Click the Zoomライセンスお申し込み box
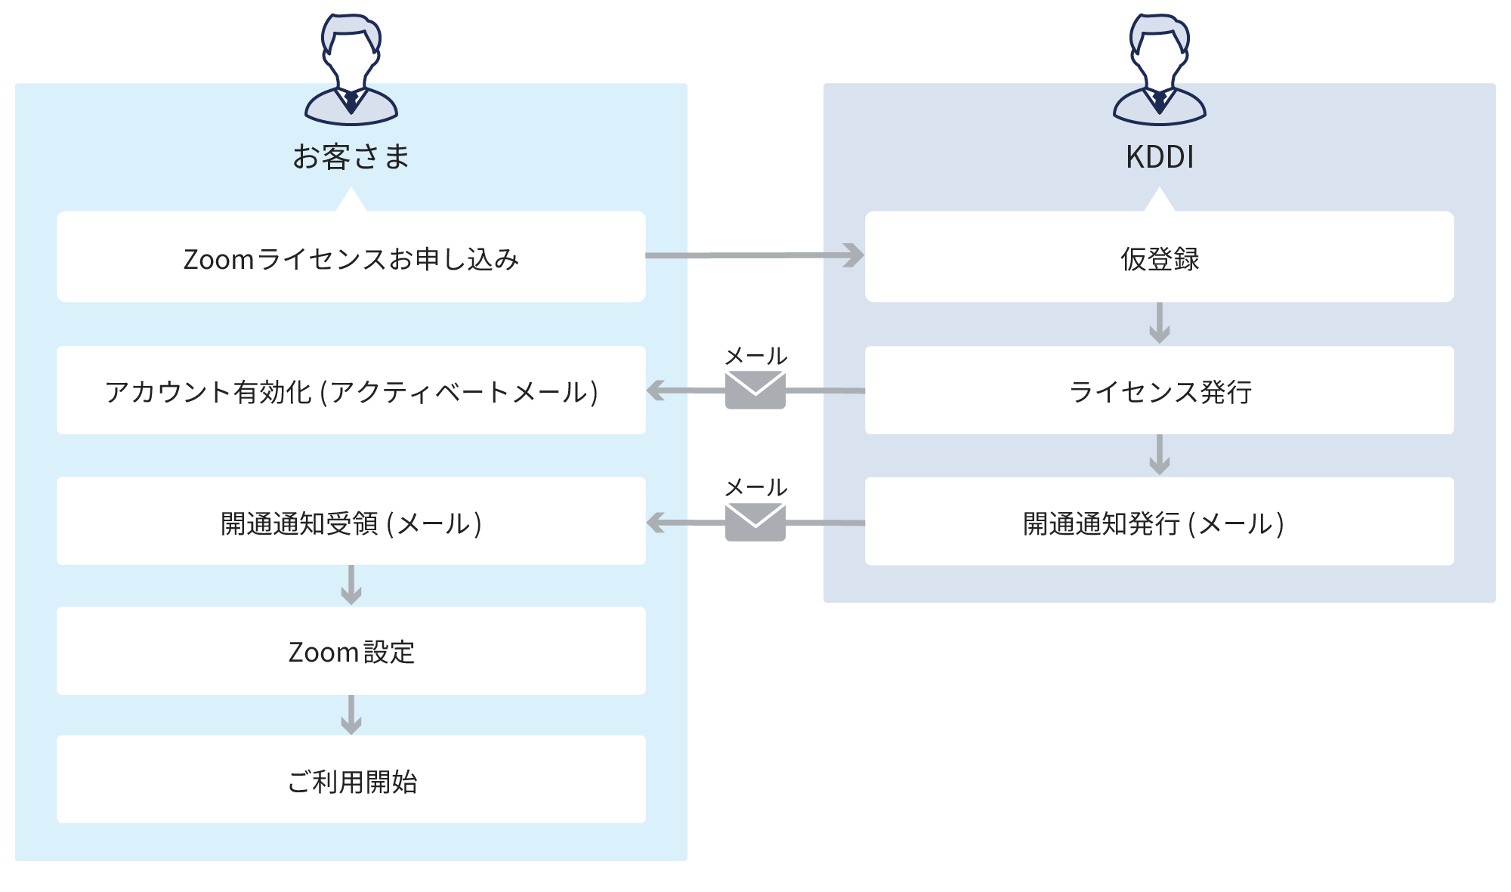tap(351, 257)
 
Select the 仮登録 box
tap(1159, 257)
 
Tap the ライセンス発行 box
tap(1159, 390)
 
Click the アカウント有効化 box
tap(351, 390)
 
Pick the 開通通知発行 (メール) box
tap(1159, 521)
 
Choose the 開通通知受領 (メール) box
tap(351, 521)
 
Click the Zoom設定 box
tap(351, 651)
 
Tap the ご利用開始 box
tap(351, 779)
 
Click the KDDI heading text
tap(1159, 157)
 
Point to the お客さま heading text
tap(351, 157)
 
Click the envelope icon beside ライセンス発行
tap(755, 390)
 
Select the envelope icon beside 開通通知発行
tap(755, 522)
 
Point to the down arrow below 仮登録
tap(1159, 324)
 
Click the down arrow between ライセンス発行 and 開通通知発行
tap(1159, 455)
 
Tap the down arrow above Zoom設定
tap(351, 586)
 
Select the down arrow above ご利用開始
tap(351, 715)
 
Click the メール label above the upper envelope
tap(755, 356)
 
